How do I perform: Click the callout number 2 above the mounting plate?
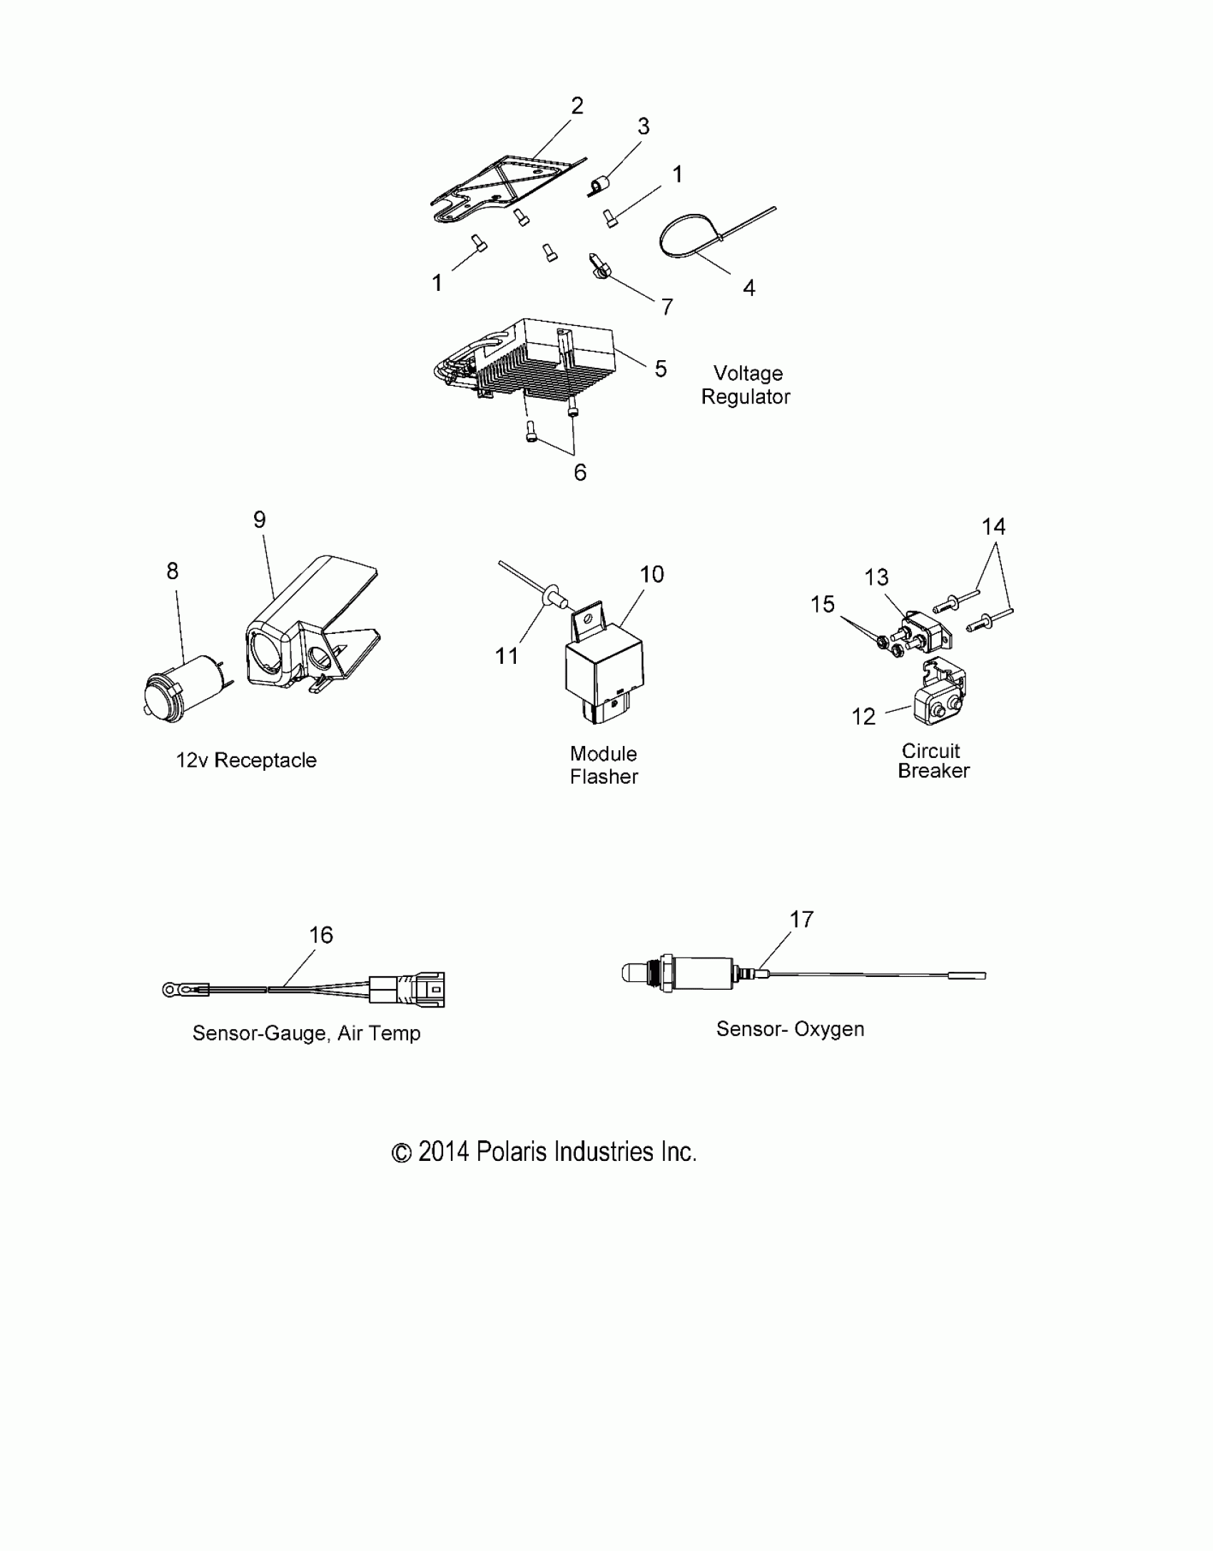coord(577,106)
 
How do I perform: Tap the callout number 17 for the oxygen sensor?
coord(801,919)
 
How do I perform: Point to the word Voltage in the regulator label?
coord(748,374)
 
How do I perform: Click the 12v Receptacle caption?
coord(246,760)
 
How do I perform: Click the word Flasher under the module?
coord(604,777)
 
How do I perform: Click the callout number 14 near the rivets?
coord(993,527)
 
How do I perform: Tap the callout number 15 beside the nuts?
coord(822,604)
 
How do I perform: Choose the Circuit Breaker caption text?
coord(933,761)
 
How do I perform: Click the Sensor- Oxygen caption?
coord(790,1029)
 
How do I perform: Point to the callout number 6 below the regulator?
coord(580,472)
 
